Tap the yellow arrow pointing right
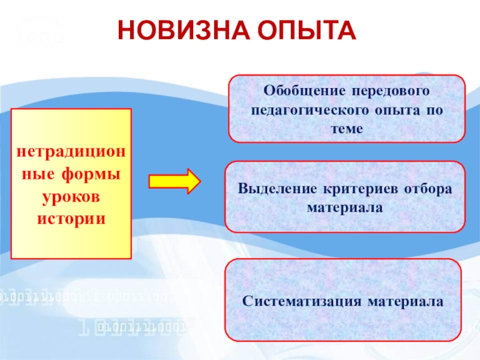click(174, 181)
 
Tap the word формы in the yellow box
click(89, 175)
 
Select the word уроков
click(71, 196)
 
